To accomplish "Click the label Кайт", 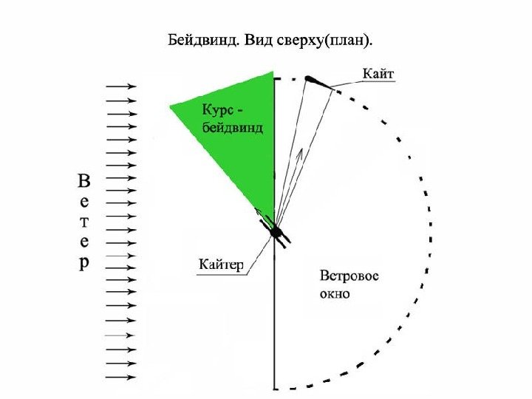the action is click(x=379, y=73).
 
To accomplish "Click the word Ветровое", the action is click(x=349, y=276).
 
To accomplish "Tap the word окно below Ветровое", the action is click(x=335, y=293).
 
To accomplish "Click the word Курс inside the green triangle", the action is click(x=222, y=110).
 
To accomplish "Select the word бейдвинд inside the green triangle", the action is click(x=233, y=127).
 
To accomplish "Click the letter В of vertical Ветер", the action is click(x=86, y=181).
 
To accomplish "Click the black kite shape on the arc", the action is click(x=313, y=80).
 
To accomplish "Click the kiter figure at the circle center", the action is click(x=277, y=233).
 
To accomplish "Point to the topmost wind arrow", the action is click(x=122, y=86).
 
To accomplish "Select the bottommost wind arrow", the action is click(x=122, y=377).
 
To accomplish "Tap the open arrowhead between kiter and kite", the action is click(x=299, y=155).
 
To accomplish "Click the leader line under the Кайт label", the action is click(x=362, y=85).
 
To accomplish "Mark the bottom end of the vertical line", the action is click(x=275, y=387).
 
